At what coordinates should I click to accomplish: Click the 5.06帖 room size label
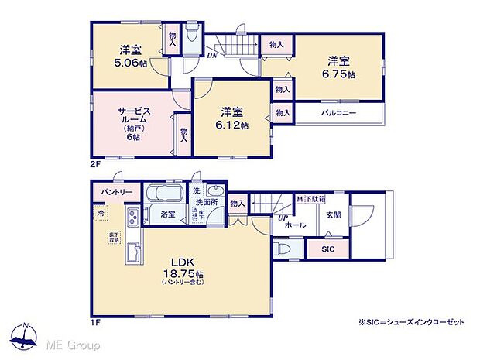132,63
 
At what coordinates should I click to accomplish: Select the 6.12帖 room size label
232,125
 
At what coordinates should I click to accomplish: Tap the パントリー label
115,192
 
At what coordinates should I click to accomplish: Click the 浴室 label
167,213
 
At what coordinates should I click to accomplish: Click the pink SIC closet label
327,249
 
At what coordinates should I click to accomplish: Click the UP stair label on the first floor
282,218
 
